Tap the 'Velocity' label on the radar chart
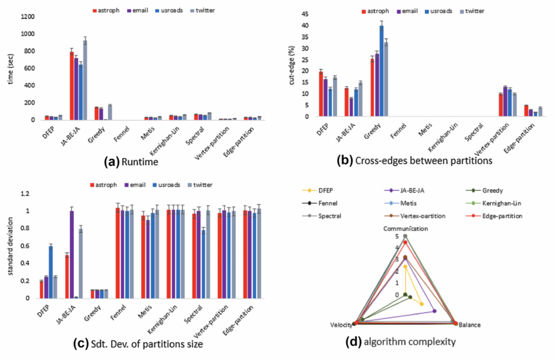click(340, 325)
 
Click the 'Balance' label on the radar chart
click(469, 325)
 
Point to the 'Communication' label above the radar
click(405, 229)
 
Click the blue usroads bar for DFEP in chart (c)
click(51, 272)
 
